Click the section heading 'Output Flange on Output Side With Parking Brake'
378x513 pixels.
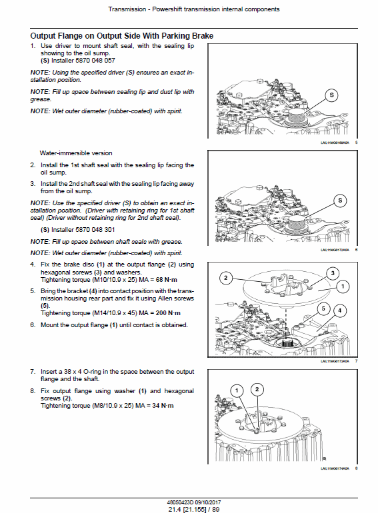127,35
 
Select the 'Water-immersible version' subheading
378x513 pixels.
75,153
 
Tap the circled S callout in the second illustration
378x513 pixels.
339,201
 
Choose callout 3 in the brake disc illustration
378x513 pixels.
333,273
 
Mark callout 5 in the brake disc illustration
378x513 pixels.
324,308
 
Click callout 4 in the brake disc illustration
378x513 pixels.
340,310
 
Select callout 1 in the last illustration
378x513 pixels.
235,390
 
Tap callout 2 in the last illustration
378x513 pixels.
257,389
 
